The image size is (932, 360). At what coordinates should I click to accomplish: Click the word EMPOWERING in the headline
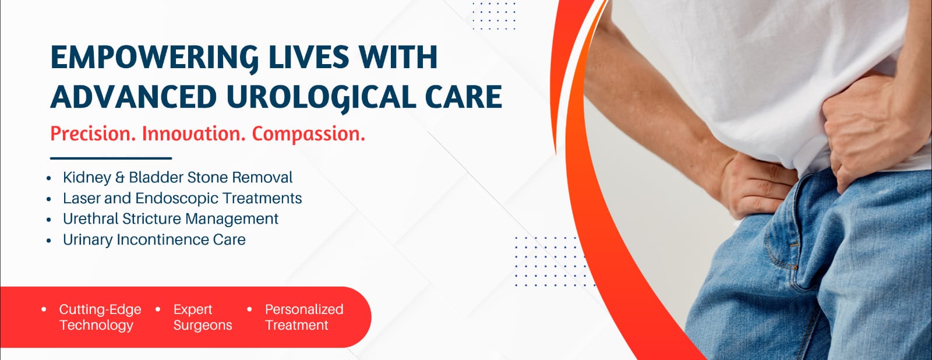tap(154, 58)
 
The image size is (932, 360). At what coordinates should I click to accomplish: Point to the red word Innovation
tap(193, 134)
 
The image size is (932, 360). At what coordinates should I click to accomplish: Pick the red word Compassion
tap(308, 135)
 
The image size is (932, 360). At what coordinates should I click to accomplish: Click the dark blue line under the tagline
tap(111, 158)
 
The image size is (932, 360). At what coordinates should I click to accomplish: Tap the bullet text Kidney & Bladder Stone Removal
tap(178, 177)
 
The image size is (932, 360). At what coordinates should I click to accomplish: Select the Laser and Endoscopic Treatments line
tap(182, 198)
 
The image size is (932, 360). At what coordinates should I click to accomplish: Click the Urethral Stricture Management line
tap(171, 219)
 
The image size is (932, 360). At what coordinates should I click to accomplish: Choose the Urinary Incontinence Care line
tap(154, 240)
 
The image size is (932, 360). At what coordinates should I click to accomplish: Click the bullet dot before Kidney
tap(49, 178)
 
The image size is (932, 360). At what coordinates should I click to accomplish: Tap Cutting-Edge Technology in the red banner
tap(100, 317)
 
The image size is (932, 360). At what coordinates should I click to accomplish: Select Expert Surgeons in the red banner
tap(203, 317)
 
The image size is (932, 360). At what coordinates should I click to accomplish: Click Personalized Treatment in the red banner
tap(304, 317)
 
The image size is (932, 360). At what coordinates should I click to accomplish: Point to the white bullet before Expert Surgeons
tap(158, 310)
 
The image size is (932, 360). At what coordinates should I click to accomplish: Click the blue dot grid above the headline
tap(494, 15)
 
